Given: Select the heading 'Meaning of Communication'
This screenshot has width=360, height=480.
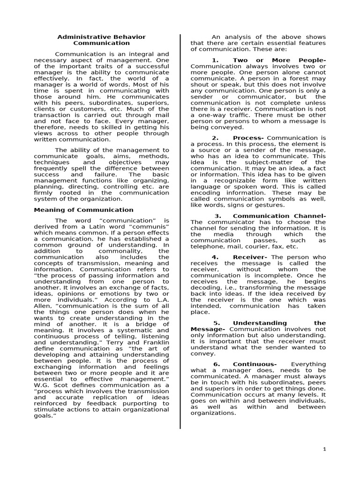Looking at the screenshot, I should coord(83,210).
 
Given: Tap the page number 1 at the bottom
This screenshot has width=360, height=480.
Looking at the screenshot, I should coord(324,449).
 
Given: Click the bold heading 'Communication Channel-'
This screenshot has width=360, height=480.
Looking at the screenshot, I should coord(279,216).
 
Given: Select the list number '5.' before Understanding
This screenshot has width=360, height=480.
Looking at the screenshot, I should coord(217,323).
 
